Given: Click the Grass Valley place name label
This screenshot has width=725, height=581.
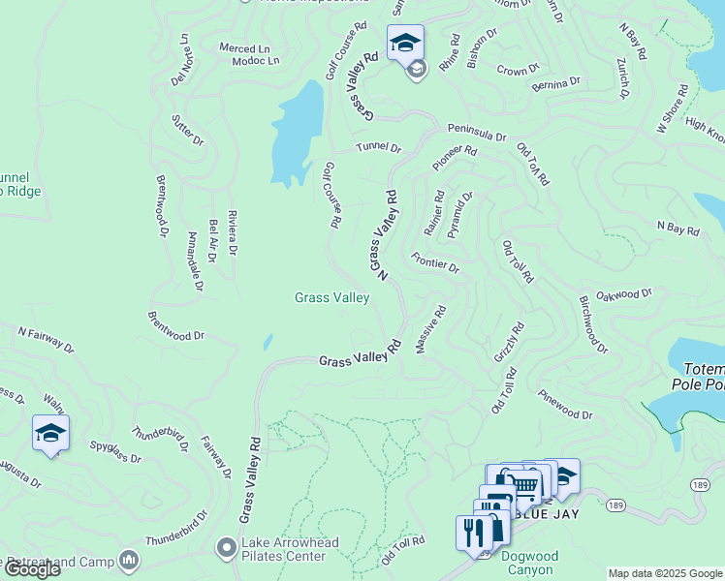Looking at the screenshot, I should click(x=331, y=298).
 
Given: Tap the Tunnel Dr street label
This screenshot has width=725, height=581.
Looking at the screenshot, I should click(x=378, y=148).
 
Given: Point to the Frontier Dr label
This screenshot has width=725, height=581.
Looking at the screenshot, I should click(x=434, y=262).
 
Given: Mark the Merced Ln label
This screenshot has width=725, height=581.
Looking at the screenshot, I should click(x=244, y=48).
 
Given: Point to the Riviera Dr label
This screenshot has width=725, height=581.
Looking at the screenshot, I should click(x=232, y=232).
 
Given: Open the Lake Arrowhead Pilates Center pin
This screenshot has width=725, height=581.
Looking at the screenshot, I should click(x=227, y=549).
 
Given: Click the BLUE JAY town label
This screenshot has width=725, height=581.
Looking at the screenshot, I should click(x=550, y=513).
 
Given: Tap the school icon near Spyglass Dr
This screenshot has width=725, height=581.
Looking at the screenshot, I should click(x=50, y=433).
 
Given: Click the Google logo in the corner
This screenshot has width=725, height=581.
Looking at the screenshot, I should click(x=31, y=568).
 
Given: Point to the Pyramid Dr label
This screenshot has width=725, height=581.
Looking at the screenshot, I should click(x=459, y=215).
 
